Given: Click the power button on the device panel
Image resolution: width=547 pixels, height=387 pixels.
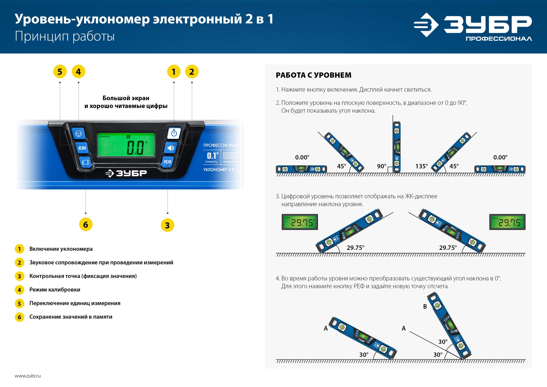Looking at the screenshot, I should [x=174, y=133].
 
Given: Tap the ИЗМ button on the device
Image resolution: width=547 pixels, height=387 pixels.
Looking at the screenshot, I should [x=82, y=148].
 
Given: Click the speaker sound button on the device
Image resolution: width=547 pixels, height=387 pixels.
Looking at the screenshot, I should [x=171, y=148].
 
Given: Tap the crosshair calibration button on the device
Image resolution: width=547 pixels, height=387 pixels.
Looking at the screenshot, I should [x=79, y=133].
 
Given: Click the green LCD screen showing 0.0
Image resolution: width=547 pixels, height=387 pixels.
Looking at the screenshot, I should [x=126, y=145].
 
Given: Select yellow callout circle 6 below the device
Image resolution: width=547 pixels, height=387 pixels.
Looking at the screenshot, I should [x=86, y=225].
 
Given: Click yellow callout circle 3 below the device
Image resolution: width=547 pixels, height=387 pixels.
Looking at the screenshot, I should [x=168, y=225].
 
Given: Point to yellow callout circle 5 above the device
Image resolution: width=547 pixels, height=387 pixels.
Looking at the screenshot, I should [x=60, y=72].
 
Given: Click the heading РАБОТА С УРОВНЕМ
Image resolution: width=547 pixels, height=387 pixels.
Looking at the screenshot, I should [x=313, y=75].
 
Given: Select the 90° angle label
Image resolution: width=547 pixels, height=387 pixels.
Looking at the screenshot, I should [x=381, y=166].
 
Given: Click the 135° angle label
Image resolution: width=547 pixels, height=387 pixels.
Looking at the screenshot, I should [x=421, y=166].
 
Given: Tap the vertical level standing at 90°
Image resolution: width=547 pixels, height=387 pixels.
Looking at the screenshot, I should [x=397, y=147].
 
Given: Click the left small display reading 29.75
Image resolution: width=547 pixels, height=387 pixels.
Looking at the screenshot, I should [x=300, y=222].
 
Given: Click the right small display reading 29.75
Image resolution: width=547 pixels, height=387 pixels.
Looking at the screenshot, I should [x=507, y=222].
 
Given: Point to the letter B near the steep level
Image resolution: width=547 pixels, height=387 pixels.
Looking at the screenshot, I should [x=425, y=307].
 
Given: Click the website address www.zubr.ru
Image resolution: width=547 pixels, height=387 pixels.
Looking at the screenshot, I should [x=28, y=376].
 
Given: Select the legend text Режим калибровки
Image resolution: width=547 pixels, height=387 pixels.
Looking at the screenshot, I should [x=55, y=290].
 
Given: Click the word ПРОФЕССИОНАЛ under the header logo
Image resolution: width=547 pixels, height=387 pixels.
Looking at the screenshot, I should [x=499, y=39].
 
